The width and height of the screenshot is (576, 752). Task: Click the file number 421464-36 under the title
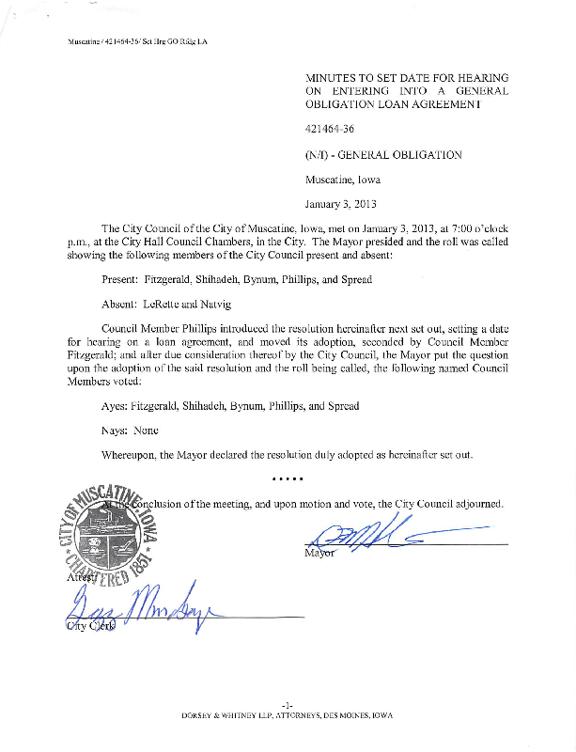point(329,130)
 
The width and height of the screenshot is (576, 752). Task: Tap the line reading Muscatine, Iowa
point(342,179)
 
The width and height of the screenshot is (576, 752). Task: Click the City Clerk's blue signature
point(141,610)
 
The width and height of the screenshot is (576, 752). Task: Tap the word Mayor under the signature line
point(319,553)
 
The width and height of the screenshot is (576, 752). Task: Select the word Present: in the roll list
point(121,280)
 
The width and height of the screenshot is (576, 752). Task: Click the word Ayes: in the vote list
point(115,406)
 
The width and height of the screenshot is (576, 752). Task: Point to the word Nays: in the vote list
point(116,431)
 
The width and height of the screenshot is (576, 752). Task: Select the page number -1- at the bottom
point(288,704)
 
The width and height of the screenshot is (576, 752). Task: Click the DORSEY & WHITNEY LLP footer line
point(288,715)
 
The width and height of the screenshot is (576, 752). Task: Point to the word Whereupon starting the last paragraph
point(132,455)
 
